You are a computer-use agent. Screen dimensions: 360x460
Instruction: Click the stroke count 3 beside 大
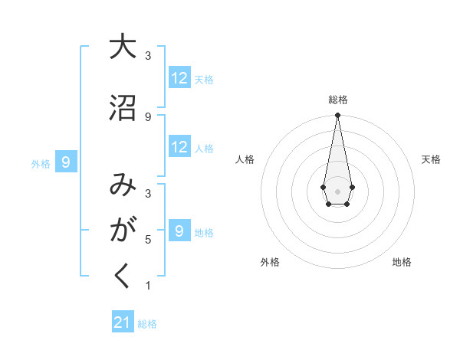pos(147,56)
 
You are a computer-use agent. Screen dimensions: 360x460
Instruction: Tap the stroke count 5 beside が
pos(147,240)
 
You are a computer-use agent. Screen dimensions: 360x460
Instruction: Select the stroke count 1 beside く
pos(147,286)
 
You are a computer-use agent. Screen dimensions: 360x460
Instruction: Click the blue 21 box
pos(123,322)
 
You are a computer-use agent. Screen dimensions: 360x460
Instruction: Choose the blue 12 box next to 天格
pos(179,78)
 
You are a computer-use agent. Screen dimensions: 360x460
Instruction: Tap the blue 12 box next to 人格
pos(179,148)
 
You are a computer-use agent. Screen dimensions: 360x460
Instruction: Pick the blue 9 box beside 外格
pos(67,162)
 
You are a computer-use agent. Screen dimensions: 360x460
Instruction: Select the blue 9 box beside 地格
pos(179,231)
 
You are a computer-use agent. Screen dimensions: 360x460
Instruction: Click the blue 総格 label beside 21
pos(147,324)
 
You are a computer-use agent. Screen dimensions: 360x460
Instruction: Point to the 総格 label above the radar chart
pos(337,100)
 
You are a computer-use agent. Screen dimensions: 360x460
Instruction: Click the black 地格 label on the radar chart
pos(402,262)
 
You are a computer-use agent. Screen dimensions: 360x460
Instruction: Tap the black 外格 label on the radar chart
pos(270,262)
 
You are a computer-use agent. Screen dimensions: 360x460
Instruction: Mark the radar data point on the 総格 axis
pos(337,116)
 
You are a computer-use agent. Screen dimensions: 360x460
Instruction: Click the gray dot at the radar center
pos(337,190)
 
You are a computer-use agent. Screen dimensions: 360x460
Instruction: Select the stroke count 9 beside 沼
pos(147,116)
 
